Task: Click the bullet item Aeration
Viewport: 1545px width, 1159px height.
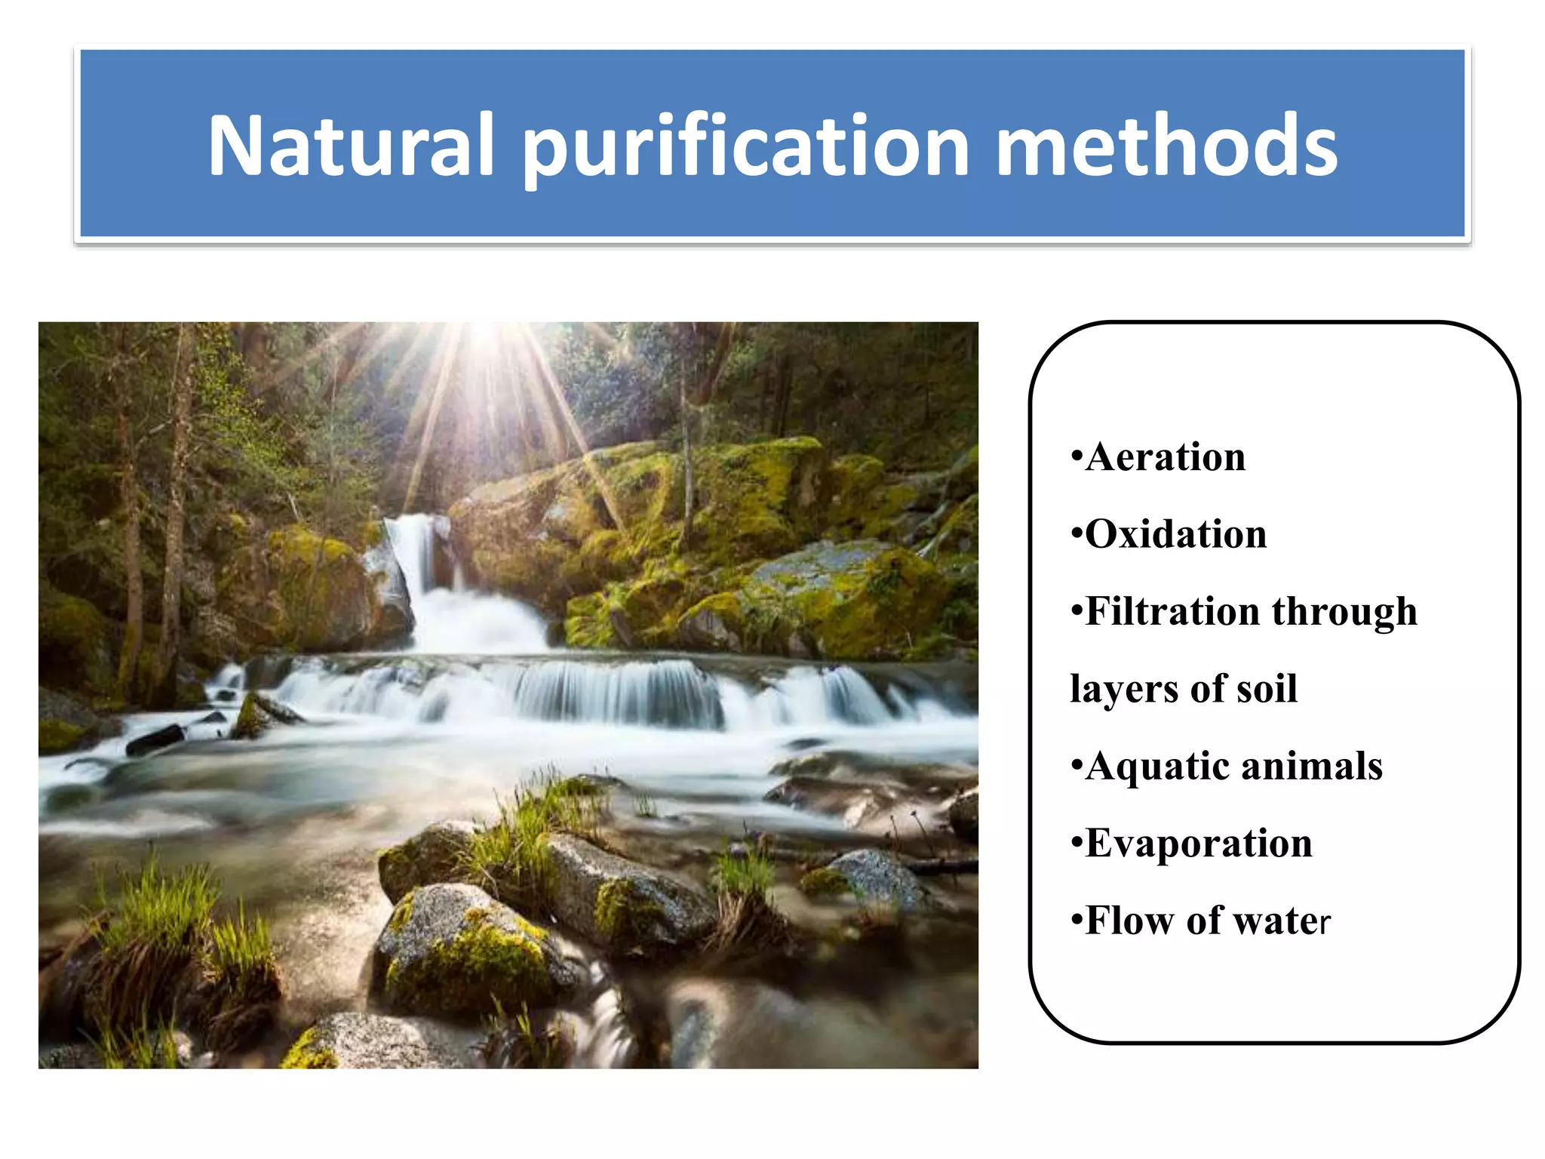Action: point(1165,457)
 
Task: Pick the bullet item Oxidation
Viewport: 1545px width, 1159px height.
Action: point(1175,534)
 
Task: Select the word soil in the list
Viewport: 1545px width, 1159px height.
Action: point(1267,688)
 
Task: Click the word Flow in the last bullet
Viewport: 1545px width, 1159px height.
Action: point(1127,921)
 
